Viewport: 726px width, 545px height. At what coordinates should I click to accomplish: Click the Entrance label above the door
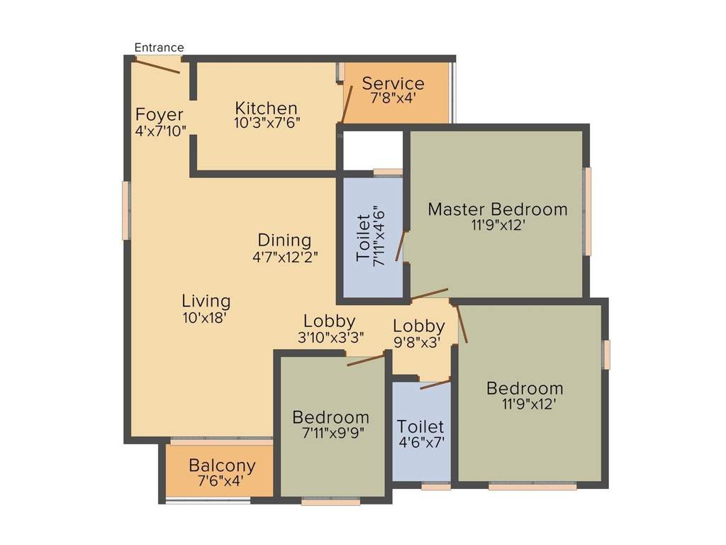pos(159,48)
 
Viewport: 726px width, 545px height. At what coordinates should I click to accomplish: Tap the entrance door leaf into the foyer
pos(157,66)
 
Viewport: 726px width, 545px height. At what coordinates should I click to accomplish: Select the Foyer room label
pos(160,115)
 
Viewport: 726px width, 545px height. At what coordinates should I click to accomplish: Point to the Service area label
pos(393,83)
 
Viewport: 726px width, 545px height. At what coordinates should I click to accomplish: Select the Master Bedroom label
pos(498,209)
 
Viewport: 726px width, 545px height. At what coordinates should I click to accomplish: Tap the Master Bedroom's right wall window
pos(587,211)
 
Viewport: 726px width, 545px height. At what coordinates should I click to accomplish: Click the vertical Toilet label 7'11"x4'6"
pos(371,239)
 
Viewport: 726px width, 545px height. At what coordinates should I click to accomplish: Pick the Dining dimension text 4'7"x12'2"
pos(285,257)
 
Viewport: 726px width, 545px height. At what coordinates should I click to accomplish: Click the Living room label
pos(206,300)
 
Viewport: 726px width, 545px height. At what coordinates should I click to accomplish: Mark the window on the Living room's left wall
pos(125,210)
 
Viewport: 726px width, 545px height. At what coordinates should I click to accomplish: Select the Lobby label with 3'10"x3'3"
pos(330,321)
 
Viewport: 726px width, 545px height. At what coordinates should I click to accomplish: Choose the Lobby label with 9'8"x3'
pos(419,326)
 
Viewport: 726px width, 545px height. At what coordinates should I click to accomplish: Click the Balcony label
pos(222,466)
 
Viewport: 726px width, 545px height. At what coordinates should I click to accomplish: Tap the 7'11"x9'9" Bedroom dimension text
pos(330,432)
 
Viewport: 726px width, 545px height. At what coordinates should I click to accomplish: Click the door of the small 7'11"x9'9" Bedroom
pos(366,360)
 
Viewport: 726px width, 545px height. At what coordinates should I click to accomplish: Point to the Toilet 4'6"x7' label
pos(420,427)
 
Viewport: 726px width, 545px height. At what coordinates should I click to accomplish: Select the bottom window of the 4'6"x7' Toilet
pos(435,487)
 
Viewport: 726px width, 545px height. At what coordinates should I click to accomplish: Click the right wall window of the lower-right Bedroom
pos(607,354)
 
